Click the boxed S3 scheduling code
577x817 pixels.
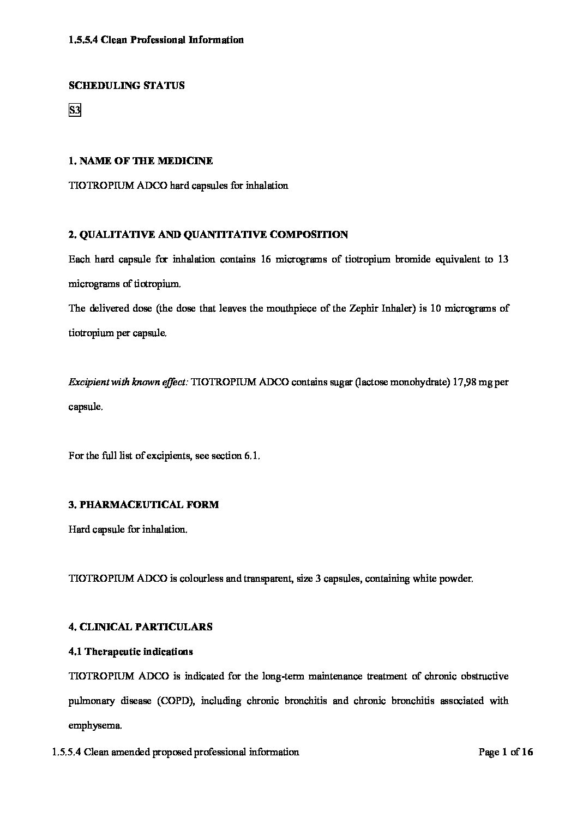tap(75, 111)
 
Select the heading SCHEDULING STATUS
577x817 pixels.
tap(127, 86)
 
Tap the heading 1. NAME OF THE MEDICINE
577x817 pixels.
tap(141, 161)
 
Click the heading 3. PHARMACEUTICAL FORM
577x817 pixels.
tap(143, 505)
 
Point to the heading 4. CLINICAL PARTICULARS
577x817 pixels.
tap(141, 627)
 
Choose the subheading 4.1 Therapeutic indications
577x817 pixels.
tap(131, 652)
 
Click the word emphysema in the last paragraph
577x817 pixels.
tap(94, 725)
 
